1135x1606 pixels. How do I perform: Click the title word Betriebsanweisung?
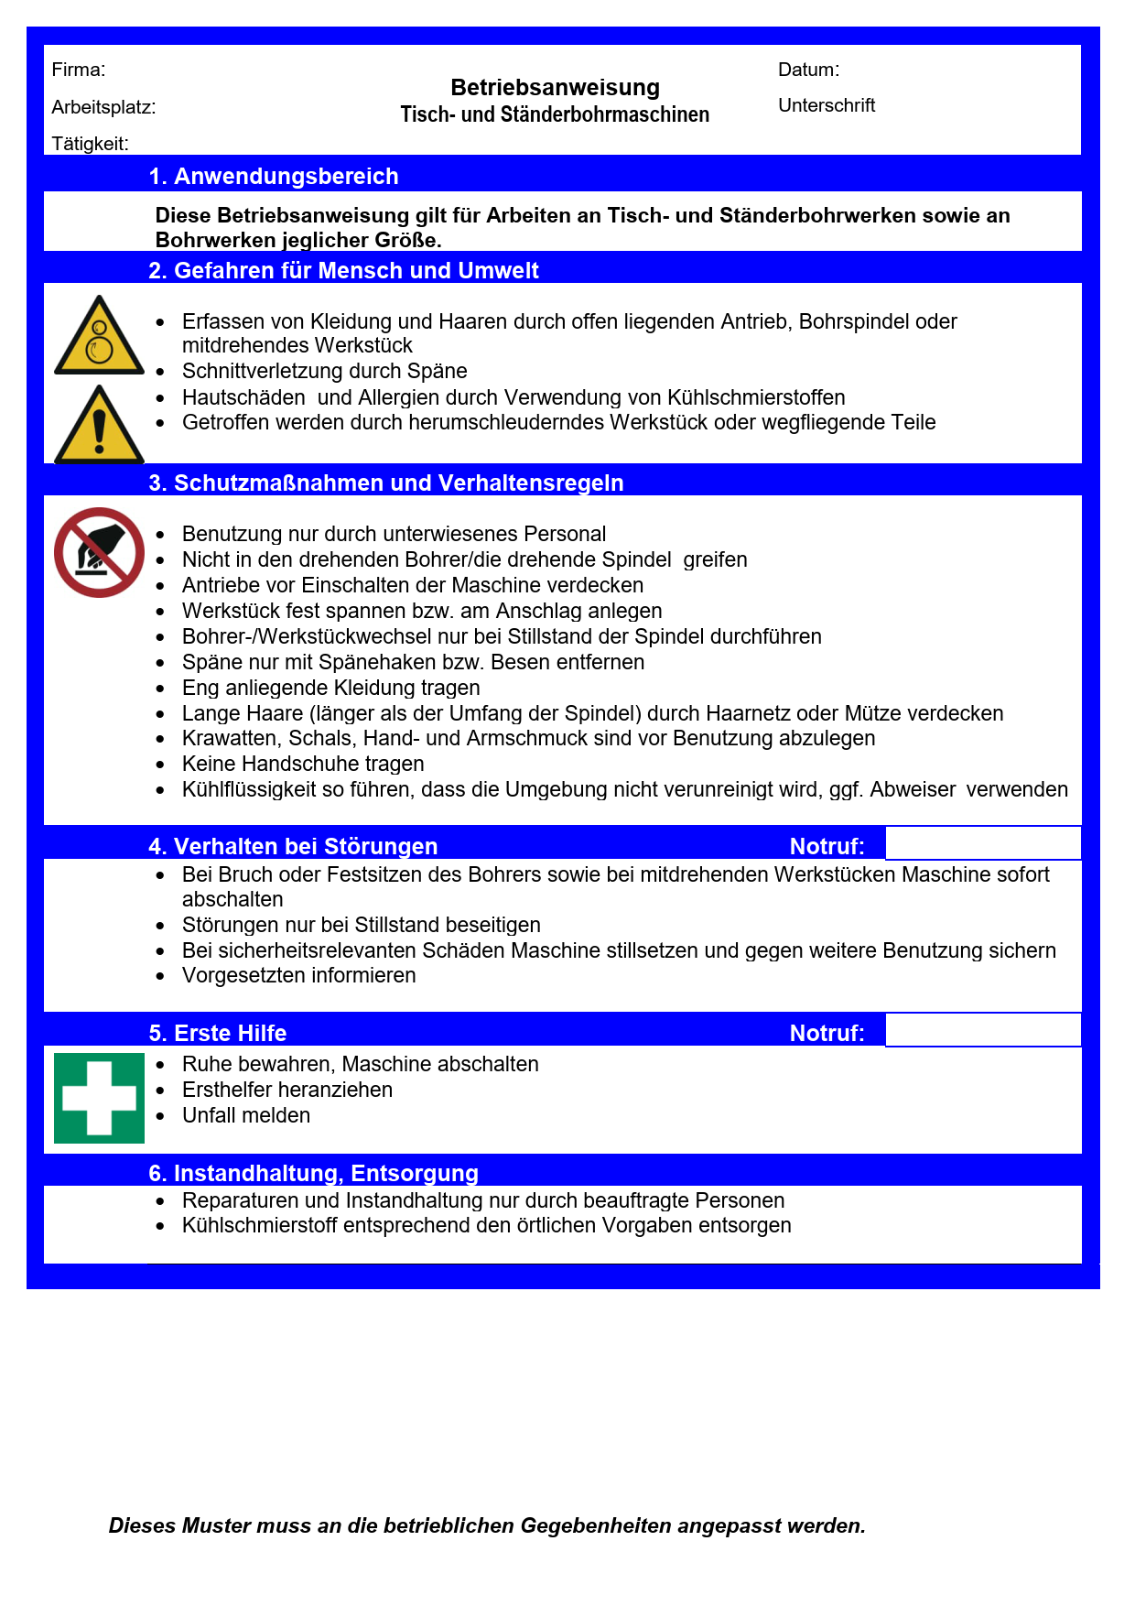pyautogui.click(x=555, y=88)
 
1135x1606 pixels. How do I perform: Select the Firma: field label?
pyautogui.click(x=79, y=70)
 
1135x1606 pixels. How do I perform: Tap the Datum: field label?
pyautogui.click(x=808, y=70)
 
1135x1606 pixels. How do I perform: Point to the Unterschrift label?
pyautogui.click(x=827, y=105)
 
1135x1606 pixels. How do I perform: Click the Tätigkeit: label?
pyautogui.click(x=90, y=144)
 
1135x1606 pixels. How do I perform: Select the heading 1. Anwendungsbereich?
pyautogui.click(x=274, y=176)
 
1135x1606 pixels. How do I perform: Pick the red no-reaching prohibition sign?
pyautogui.click(x=99, y=553)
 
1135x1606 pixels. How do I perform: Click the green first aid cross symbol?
pyautogui.click(x=99, y=1098)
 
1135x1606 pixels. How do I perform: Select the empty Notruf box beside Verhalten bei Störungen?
pyautogui.click(x=983, y=843)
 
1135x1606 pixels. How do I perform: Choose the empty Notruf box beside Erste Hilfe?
pyautogui.click(x=983, y=1030)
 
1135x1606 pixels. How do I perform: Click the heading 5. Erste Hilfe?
pyautogui.click(x=218, y=1033)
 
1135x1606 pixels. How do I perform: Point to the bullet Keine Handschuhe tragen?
pyautogui.click(x=303, y=764)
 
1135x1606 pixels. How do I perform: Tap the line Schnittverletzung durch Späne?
pyautogui.click(x=324, y=371)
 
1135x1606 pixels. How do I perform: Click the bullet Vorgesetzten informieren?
pyautogui.click(x=298, y=975)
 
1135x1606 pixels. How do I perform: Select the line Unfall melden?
pyautogui.click(x=246, y=1115)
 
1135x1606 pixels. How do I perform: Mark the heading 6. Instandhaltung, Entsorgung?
pyautogui.click(x=314, y=1173)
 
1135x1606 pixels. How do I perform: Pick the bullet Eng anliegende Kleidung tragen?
pyautogui.click(x=330, y=688)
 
